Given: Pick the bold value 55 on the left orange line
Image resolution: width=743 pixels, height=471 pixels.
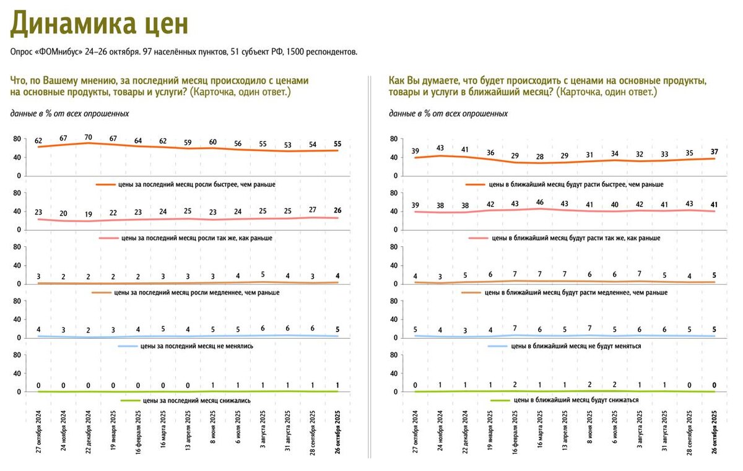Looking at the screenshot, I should (x=338, y=144).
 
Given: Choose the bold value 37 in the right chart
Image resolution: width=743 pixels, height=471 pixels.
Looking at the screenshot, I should (x=715, y=152).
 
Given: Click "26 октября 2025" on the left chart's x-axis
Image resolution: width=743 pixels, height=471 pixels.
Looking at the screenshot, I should (x=338, y=433).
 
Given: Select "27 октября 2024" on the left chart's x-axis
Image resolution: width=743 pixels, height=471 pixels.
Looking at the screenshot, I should (x=39, y=433).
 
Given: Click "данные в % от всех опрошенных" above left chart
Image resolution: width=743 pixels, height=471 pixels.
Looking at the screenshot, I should (x=69, y=114).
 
